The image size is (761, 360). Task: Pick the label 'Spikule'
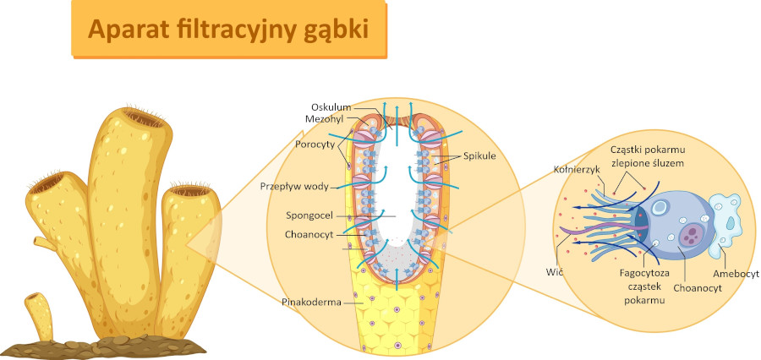(479, 156)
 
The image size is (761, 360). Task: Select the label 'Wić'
(555, 272)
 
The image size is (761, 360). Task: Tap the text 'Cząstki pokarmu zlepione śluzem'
(647, 155)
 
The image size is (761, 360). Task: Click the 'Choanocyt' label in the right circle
(696, 287)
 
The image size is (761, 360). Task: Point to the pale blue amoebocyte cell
(728, 221)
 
